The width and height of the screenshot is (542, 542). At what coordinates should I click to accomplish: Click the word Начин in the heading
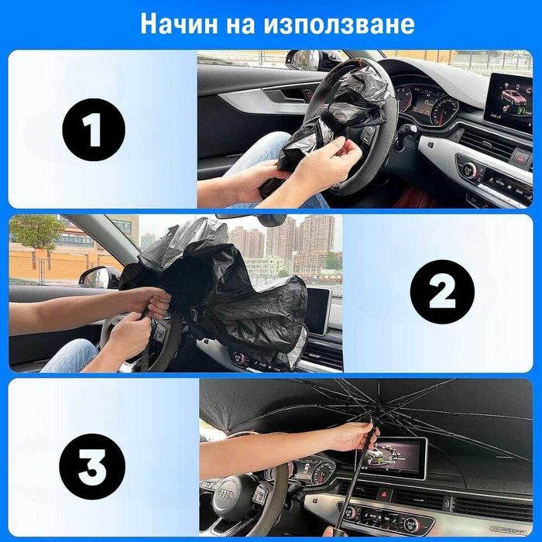point(179,23)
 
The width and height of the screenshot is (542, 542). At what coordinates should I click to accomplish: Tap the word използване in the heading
point(339,24)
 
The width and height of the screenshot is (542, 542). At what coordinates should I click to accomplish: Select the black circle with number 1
point(94,129)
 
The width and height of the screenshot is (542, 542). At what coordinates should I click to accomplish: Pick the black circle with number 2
point(442,292)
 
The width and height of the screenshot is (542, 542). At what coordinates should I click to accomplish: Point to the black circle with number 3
point(92,466)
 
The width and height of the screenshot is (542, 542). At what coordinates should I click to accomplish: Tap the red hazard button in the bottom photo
point(384,494)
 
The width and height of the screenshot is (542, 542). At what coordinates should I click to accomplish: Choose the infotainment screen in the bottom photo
point(392,458)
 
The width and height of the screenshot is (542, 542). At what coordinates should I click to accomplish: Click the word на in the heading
point(241,24)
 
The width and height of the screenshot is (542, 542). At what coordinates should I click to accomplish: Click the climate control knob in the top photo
point(469,169)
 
